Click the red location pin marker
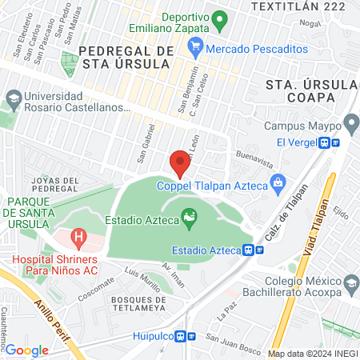pos(180,164)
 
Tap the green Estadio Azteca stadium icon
pos(189,216)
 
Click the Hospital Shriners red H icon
pos(78,237)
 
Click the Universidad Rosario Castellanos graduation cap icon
pos(13,98)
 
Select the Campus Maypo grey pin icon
pos(350,124)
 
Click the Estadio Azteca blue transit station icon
pos(254,250)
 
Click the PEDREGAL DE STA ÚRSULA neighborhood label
pos(127,57)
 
